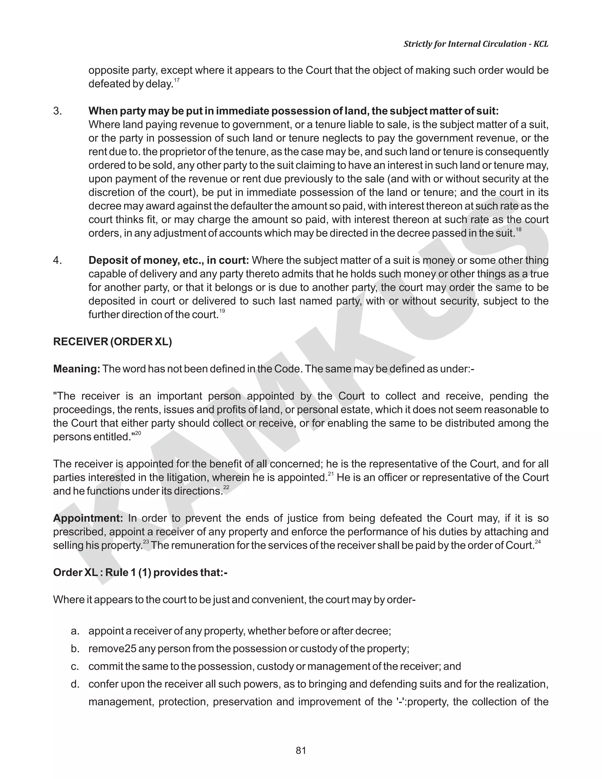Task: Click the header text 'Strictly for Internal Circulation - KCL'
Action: [x=476, y=44]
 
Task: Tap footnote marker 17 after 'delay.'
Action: [x=177, y=80]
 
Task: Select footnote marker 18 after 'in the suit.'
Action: [x=519, y=229]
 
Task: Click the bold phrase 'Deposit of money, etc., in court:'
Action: [x=169, y=260]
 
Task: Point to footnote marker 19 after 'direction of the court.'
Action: [x=222, y=311]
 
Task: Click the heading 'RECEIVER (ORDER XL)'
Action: [x=112, y=342]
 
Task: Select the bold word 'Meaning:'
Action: [x=77, y=369]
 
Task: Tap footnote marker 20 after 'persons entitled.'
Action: [x=138, y=433]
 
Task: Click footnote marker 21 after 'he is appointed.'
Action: [x=331, y=474]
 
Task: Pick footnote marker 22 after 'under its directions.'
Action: [x=226, y=487]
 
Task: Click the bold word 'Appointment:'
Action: [x=88, y=518]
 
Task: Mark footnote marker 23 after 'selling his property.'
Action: [x=146, y=541]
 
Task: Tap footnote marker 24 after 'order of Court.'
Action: [x=538, y=541]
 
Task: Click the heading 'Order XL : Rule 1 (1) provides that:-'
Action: [x=140, y=572]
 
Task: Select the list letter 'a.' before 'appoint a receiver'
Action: [x=75, y=631]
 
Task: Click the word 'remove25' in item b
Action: [x=112, y=648]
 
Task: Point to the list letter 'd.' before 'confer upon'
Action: [x=75, y=684]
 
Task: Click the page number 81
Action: [x=301, y=750]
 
